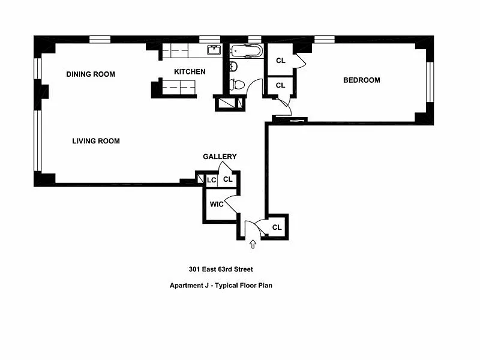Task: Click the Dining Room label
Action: click(91, 74)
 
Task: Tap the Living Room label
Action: click(96, 141)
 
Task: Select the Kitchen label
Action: click(190, 72)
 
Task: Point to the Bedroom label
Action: click(361, 80)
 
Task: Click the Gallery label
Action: click(220, 157)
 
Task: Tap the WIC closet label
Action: click(217, 204)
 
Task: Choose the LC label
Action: click(211, 179)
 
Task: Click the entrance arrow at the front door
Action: click(253, 244)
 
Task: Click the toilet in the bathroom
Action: click(238, 84)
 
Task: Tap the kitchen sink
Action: click(213, 50)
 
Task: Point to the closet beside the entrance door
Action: click(277, 227)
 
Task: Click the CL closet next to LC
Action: click(227, 179)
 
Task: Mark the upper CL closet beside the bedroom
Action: click(280, 61)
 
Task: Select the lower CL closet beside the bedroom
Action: click(280, 85)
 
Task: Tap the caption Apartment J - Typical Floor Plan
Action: click(221, 286)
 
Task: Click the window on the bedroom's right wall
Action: click(430, 81)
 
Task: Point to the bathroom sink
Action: click(233, 66)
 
